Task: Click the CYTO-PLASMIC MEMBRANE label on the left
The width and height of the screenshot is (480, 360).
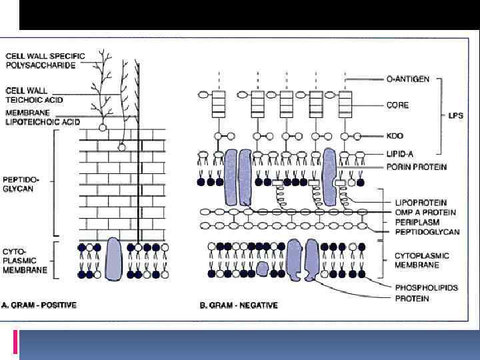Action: (25, 261)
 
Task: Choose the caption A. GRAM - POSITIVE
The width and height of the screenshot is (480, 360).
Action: (40, 305)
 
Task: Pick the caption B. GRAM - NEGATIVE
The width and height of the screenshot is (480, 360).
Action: (239, 305)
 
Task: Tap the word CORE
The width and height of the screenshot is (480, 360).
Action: (398, 105)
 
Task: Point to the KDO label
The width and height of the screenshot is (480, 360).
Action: (396, 136)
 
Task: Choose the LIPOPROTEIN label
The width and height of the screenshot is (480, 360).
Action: (420, 203)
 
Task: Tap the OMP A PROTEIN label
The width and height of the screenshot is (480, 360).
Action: (425, 212)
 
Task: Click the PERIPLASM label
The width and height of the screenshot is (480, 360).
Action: (413, 222)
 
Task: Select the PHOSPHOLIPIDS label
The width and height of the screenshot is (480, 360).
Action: (427, 289)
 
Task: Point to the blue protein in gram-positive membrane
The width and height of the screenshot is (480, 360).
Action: (113, 257)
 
